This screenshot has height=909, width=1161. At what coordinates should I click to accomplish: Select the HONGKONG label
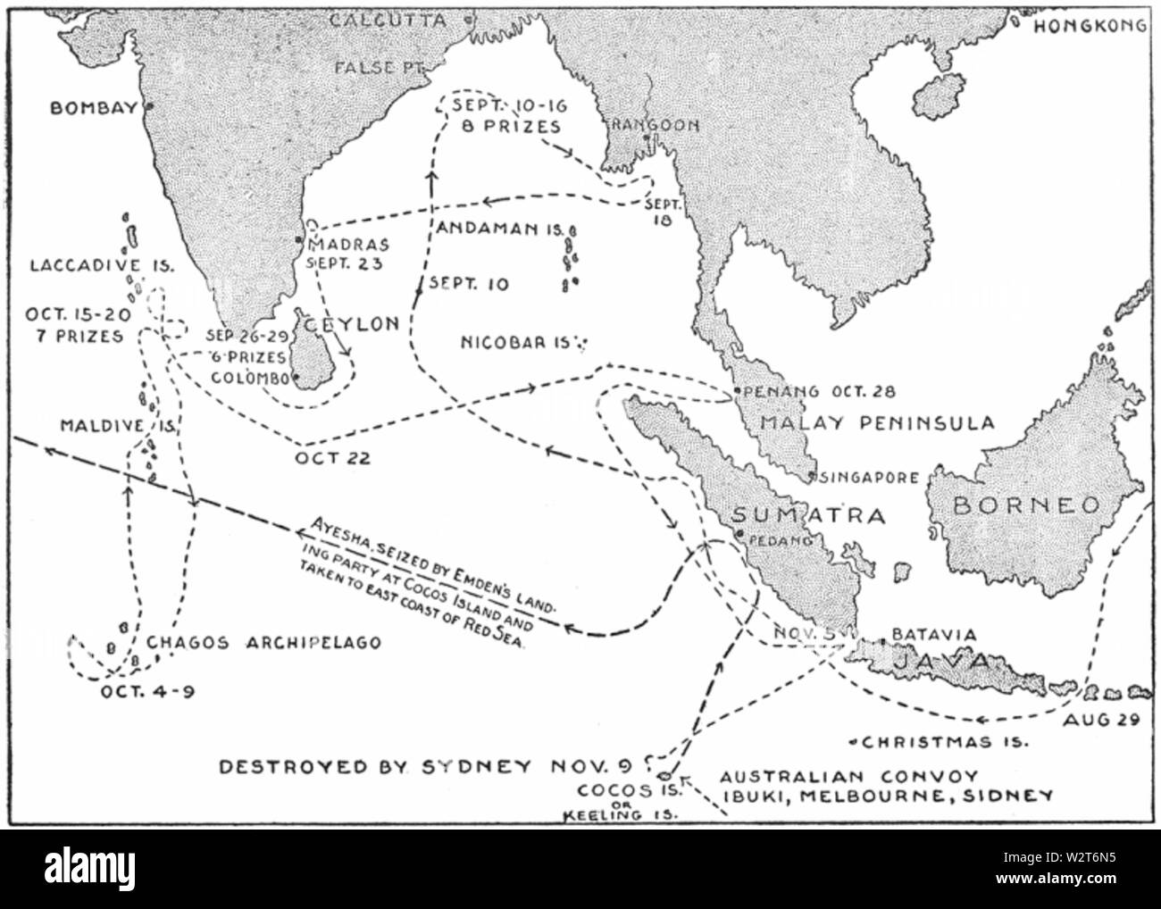click(1090, 27)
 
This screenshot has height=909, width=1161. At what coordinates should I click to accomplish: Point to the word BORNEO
click(1026, 505)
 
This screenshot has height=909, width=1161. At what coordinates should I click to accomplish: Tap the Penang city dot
click(734, 391)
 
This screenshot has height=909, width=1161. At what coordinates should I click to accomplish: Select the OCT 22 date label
click(332, 458)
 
